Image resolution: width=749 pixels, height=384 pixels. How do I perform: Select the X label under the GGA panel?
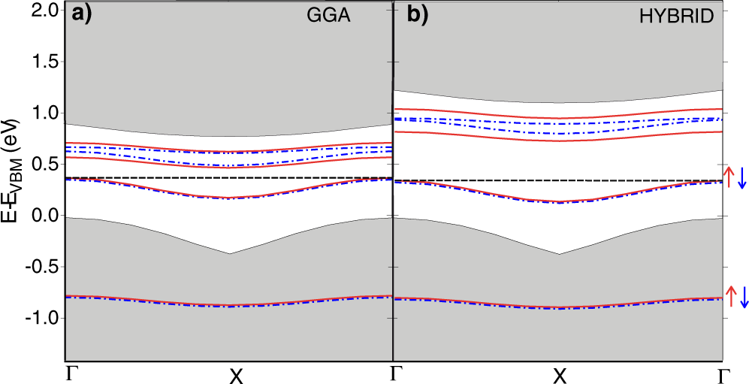[x=236, y=375]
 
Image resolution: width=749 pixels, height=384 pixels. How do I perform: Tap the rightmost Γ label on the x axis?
[x=723, y=373]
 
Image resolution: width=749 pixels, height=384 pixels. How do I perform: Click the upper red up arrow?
[x=729, y=177]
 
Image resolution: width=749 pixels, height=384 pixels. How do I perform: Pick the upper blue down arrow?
[x=742, y=177]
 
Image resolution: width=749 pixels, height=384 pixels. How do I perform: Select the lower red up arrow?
[x=729, y=295]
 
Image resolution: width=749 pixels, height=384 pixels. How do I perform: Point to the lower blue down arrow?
[x=742, y=295]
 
